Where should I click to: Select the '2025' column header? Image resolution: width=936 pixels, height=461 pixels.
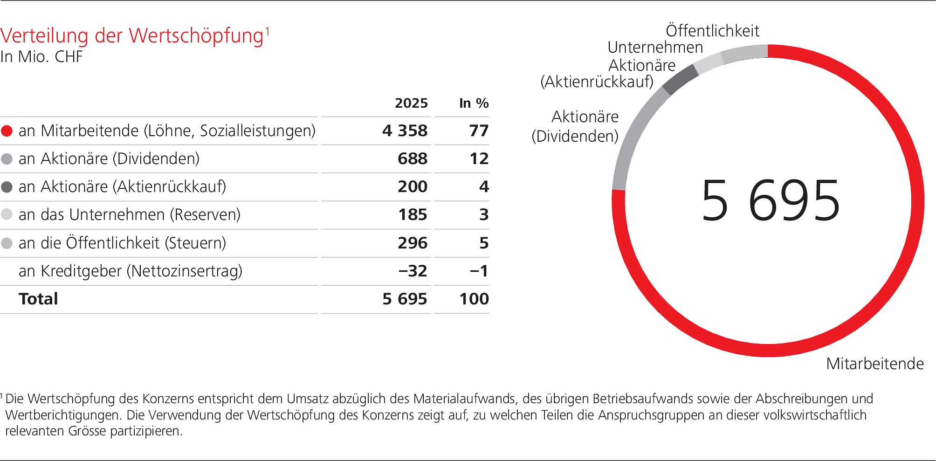point(411,103)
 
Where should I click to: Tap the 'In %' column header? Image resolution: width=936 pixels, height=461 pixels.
point(474,103)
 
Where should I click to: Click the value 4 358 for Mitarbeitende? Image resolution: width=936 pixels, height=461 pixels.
point(405,131)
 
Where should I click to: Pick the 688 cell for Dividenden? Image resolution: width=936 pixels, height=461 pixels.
point(412,159)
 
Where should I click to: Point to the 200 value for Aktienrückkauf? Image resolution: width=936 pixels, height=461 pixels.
point(412,187)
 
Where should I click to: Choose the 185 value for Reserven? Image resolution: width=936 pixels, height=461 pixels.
point(412,215)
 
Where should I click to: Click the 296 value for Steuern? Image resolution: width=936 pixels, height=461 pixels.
point(412,243)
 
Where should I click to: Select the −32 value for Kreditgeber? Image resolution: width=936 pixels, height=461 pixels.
point(412,271)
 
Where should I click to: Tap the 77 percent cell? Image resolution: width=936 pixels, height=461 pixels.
point(479,131)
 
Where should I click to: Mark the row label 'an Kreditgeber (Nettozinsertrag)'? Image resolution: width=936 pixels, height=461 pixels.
point(131,271)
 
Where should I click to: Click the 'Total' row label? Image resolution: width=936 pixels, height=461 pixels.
point(38,299)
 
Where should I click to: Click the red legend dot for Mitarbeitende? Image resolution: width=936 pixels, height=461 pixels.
point(7,131)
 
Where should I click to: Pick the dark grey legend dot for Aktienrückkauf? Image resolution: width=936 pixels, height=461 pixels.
point(7,187)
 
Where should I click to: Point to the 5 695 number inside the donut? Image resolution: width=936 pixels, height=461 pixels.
point(770,201)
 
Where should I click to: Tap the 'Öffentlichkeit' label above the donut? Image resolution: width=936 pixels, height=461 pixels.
point(712,31)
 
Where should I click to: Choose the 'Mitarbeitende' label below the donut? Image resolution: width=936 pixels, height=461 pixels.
point(874,364)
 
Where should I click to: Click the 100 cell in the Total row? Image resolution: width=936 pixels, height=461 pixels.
point(474,299)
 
